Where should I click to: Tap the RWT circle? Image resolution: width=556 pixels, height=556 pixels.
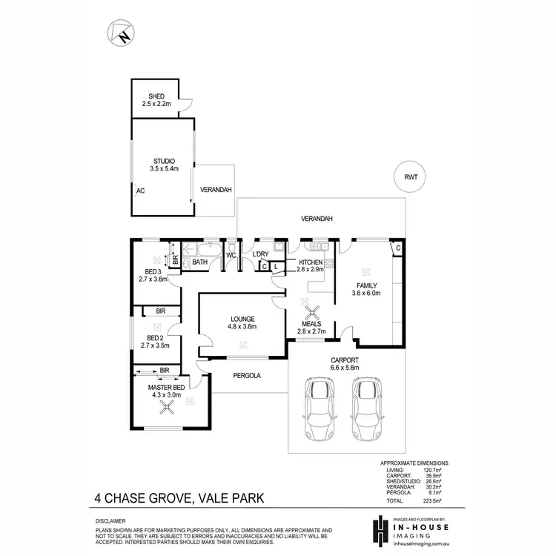[411, 178]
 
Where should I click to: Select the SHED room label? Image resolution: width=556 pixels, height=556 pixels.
[156, 96]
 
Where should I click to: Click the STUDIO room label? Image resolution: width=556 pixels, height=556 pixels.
[163, 160]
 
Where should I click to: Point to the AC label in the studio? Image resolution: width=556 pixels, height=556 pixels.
[139, 191]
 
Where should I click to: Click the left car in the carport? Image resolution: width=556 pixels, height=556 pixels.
[319, 409]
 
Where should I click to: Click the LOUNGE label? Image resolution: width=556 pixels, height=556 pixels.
[242, 320]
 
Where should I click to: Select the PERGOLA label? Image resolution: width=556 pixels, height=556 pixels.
[247, 375]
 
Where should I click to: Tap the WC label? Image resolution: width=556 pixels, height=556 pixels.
[231, 255]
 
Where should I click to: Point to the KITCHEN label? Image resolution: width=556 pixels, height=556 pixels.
[311, 262]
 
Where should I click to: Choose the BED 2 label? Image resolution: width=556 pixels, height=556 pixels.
[155, 337]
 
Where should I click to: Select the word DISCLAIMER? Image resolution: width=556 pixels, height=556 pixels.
[110, 521]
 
